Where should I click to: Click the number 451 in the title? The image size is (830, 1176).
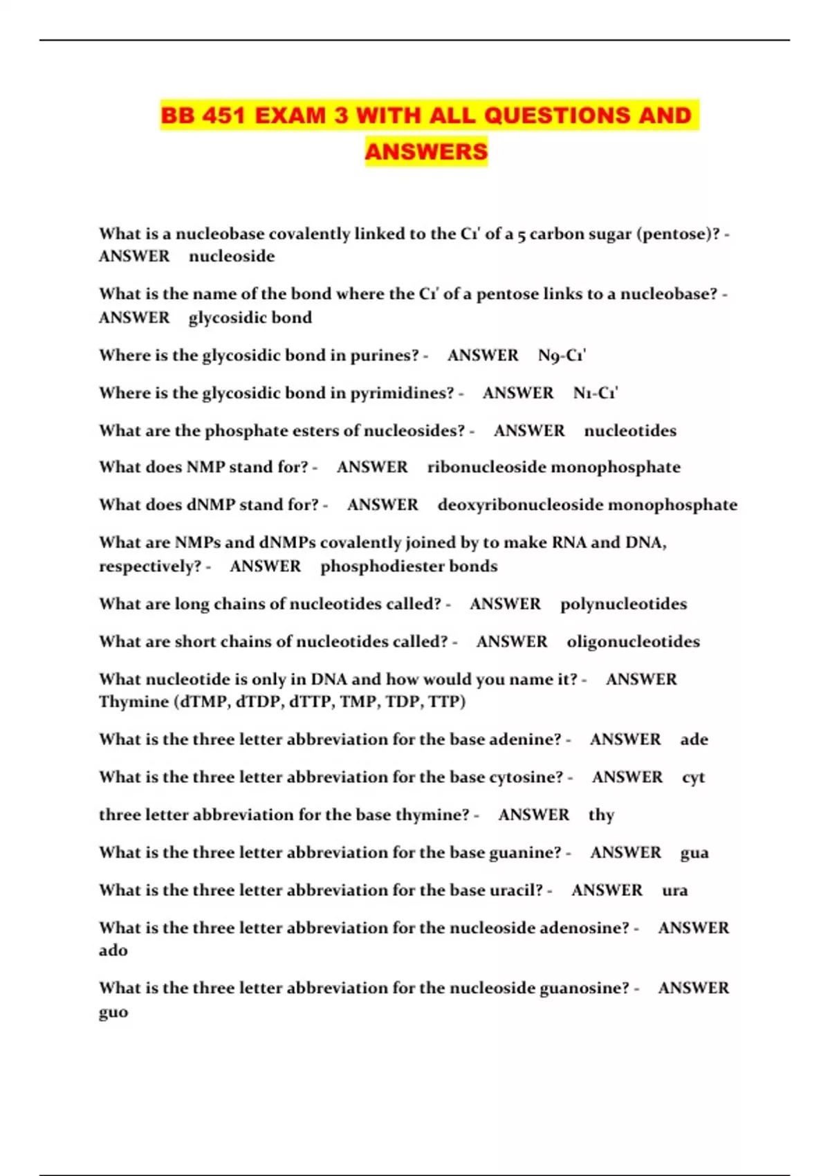(x=224, y=115)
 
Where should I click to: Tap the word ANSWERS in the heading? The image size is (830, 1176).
(x=426, y=151)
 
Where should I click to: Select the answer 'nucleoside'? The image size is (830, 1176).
(x=232, y=256)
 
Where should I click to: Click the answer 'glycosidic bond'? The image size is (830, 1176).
(x=250, y=318)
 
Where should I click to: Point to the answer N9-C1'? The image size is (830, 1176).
(x=562, y=356)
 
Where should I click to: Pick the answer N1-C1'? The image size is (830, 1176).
(x=596, y=393)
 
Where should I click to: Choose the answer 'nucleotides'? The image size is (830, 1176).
(x=630, y=430)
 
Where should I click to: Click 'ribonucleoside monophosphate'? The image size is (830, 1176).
(x=553, y=467)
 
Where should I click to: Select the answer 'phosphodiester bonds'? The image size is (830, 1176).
(x=409, y=566)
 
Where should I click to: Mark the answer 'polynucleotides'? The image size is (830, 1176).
(x=623, y=604)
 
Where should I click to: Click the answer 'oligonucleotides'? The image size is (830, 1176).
(x=633, y=641)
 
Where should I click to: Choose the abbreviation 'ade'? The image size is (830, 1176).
(x=694, y=739)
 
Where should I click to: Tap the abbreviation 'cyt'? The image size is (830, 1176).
(x=693, y=778)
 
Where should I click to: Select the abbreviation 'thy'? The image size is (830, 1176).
(x=601, y=815)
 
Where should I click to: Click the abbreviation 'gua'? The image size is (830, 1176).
(x=694, y=853)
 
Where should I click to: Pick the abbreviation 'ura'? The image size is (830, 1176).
(x=674, y=890)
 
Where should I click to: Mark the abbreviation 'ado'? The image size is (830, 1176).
(x=113, y=950)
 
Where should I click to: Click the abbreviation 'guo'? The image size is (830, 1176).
(x=113, y=1012)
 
